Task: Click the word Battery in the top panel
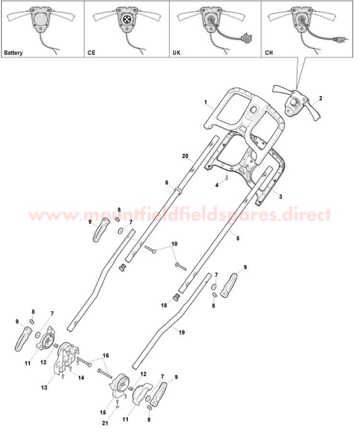pos(13,53)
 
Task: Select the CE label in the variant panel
pos(91,52)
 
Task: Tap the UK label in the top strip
pos(176,52)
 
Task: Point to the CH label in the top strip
pos(269,52)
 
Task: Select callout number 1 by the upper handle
pos(205,102)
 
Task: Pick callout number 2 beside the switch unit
pos(320,98)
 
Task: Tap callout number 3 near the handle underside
pos(280,197)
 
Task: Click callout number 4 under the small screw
pos(217,185)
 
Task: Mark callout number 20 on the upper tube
pos(185,156)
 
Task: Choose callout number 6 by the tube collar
pos(167,183)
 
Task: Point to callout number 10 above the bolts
pos(174,244)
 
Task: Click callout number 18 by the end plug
pos(164,305)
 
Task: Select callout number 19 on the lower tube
pos(181,332)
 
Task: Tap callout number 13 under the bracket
pos(44,387)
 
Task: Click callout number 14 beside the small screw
pos(81,378)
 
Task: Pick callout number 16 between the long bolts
pos(106,355)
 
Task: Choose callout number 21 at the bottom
pos(105,423)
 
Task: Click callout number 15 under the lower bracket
pos(103,412)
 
